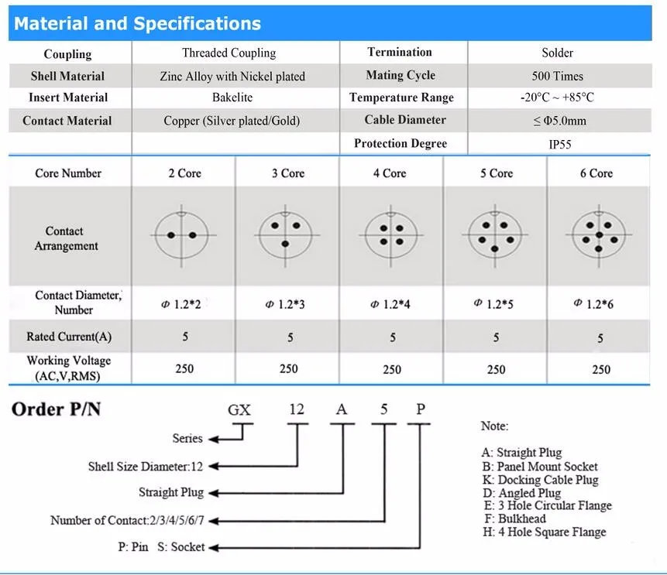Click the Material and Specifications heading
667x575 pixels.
137,23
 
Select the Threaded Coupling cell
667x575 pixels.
229,53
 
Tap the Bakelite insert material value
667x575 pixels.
232,98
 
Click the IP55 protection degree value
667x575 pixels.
559,144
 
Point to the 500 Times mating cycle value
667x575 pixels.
558,76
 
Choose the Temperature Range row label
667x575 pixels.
401,98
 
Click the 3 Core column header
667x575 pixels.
287,173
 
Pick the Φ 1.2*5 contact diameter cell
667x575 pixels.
494,304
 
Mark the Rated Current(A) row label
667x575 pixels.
69,337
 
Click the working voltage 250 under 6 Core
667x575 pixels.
601,369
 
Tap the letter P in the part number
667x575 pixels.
421,409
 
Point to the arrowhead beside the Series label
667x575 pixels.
214,439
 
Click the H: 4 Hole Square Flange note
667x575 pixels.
543,532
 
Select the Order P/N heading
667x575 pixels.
57,409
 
